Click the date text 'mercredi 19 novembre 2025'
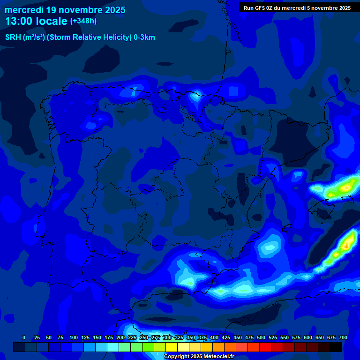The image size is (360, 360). (x=65, y=10)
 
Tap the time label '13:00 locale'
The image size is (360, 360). (x=36, y=21)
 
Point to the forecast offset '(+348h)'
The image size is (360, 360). (x=83, y=21)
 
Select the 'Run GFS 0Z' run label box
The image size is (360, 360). (x=297, y=7)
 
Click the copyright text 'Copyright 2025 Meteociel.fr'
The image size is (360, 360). (x=199, y=357)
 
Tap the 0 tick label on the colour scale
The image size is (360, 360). (x=24, y=337)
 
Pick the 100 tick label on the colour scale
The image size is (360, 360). (x=73, y=337)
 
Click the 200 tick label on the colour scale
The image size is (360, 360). (x=120, y=337)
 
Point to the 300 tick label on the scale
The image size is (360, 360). (x=167, y=337)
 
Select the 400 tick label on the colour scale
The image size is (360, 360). (x=214, y=337)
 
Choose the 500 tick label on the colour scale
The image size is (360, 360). (x=261, y=337)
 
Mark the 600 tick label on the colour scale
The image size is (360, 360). (x=307, y=337)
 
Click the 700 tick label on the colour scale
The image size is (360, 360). (x=343, y=337)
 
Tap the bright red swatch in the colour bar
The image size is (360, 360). (x=265, y=347)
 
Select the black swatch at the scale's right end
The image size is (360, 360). (x=336, y=347)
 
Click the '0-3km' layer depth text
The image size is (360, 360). (x=144, y=37)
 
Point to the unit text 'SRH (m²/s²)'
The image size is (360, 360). (x=25, y=37)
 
